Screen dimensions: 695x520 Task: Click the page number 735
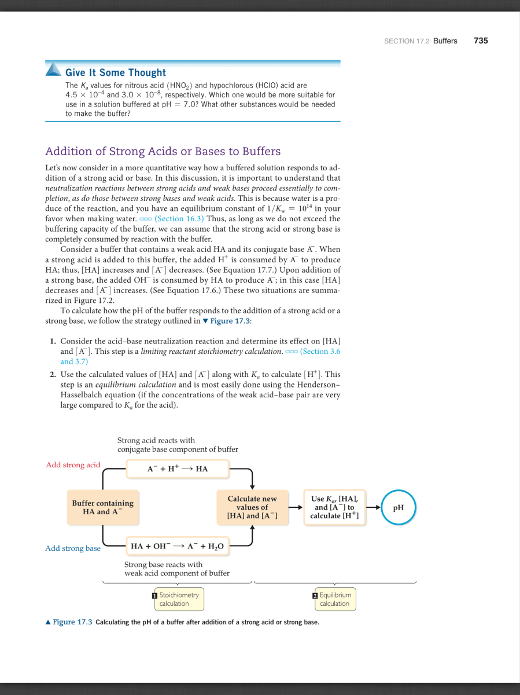[x=481, y=41]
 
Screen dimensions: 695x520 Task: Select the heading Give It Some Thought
[x=116, y=72]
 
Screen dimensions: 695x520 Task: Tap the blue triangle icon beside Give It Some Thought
[x=54, y=69]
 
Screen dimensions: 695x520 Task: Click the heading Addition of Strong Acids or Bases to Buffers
[x=163, y=151]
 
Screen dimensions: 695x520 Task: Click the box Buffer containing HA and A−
[x=102, y=507]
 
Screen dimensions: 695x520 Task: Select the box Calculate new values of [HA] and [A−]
[x=252, y=507]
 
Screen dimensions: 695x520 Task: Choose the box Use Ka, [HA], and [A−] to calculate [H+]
[x=334, y=507]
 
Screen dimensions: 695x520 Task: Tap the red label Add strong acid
[x=73, y=464]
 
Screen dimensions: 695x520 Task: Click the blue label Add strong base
[x=73, y=548]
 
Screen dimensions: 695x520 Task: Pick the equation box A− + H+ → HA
[x=177, y=469]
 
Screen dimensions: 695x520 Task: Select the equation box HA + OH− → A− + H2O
[x=177, y=546]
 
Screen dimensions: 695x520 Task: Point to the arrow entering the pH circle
[x=373, y=507]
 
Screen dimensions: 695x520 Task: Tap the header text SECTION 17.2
[x=406, y=41]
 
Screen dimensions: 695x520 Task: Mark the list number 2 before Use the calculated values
[x=53, y=375]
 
